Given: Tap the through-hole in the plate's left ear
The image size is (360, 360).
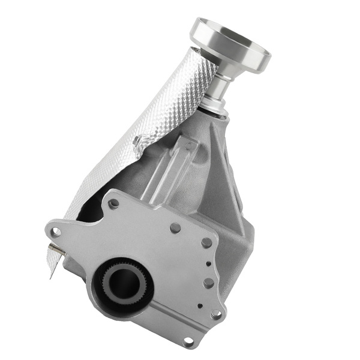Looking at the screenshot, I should click(56, 231).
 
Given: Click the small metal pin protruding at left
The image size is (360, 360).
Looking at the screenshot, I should click(53, 247).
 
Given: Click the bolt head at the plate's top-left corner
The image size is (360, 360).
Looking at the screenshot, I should click(113, 203).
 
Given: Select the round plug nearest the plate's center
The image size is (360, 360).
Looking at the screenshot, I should click(175, 229).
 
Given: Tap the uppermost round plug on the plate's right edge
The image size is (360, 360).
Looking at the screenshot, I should click(206, 243).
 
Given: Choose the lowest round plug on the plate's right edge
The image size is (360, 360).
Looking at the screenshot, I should click(209, 283).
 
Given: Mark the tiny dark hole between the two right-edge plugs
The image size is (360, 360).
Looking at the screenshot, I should click(208, 263).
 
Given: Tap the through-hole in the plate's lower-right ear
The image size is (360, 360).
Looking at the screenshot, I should click(216, 314).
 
